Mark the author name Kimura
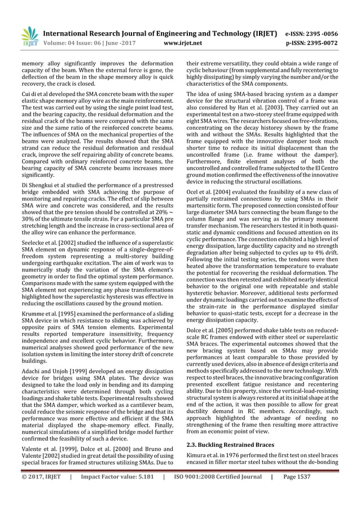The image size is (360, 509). pyautogui.click(x=198, y=458)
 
